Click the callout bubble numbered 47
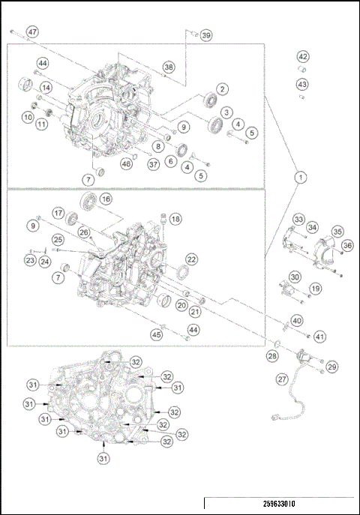pos(32,32)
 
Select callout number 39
pos(206,35)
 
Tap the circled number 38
pos(169,67)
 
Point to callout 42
pos(302,57)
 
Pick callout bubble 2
pos(223,89)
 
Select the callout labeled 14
pos(46,88)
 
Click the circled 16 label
pos(106,199)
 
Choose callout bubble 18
pos(175,219)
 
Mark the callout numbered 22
pos(192,259)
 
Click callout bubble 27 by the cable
pos(282,379)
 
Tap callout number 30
pos(295,277)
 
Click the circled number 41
pos(319,337)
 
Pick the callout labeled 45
pos(157,335)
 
